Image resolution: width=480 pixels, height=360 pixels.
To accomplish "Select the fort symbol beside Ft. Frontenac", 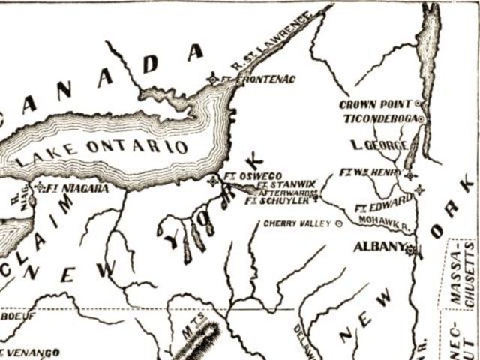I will pyautogui.click(x=213, y=79).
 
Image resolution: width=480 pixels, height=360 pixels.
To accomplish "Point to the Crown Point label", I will pyautogui.click(x=377, y=104).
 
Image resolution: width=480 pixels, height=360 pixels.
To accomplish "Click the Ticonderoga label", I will pyautogui.click(x=381, y=118).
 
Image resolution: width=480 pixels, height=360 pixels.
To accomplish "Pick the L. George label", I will pyautogui.click(x=379, y=145).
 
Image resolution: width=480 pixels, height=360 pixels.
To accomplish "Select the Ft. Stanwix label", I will pyautogui.click(x=286, y=184).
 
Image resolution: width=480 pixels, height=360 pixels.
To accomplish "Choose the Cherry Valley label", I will pyautogui.click(x=298, y=223).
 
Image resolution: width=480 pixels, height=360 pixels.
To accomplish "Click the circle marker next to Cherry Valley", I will pyautogui.click(x=338, y=223).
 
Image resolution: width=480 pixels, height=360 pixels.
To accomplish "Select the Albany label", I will pyautogui.click(x=379, y=247).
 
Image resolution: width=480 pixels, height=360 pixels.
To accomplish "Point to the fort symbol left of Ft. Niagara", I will pyautogui.click(x=39, y=187).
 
